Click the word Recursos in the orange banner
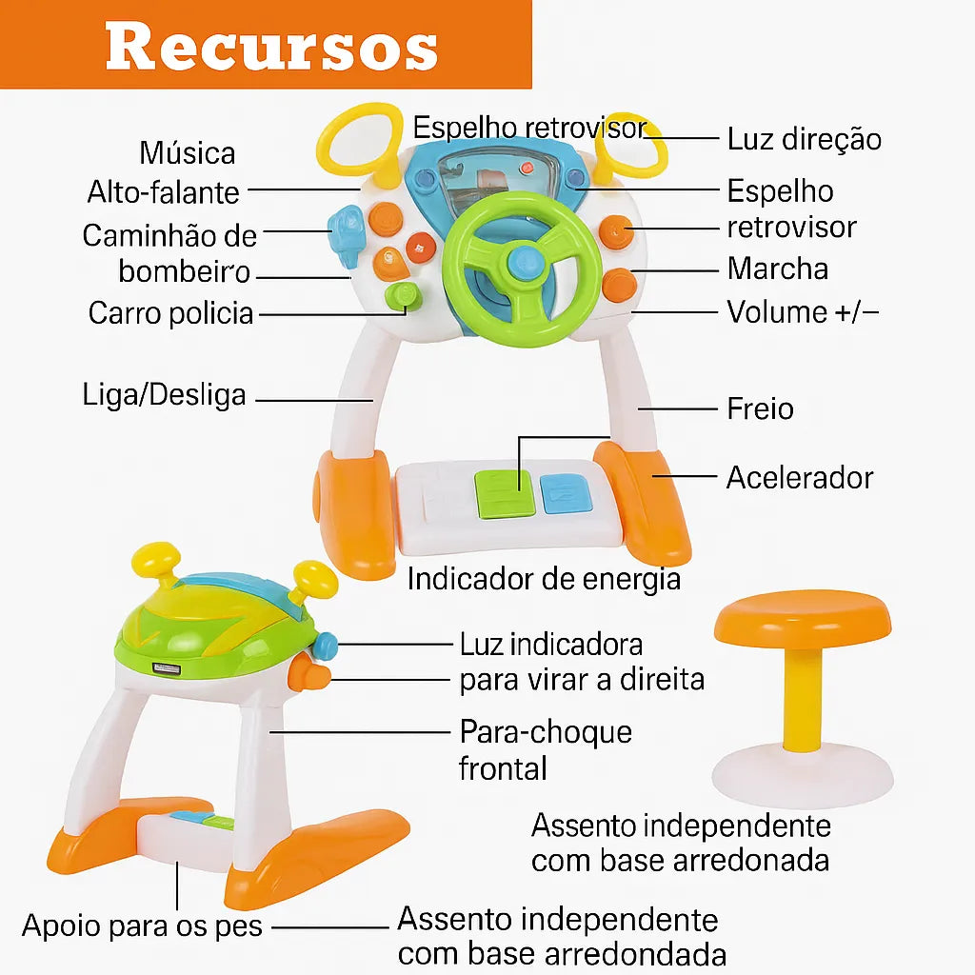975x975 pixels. click(271, 45)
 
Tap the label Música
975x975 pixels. click(188, 152)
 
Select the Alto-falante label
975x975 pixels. click(163, 191)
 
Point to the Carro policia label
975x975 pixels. click(171, 312)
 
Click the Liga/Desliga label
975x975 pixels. click(164, 394)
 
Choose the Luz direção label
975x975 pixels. click(805, 139)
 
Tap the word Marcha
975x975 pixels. click(778, 269)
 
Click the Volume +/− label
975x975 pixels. click(803, 311)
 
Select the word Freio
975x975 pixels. click(760, 408)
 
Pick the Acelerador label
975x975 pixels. click(800, 477)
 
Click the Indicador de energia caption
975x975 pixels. click(544, 578)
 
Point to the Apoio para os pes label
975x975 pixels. click(142, 925)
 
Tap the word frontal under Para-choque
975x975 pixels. click(503, 767)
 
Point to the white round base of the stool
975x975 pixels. click(803, 773)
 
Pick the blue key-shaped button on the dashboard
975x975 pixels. click(344, 233)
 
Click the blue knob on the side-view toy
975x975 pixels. click(325, 647)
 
